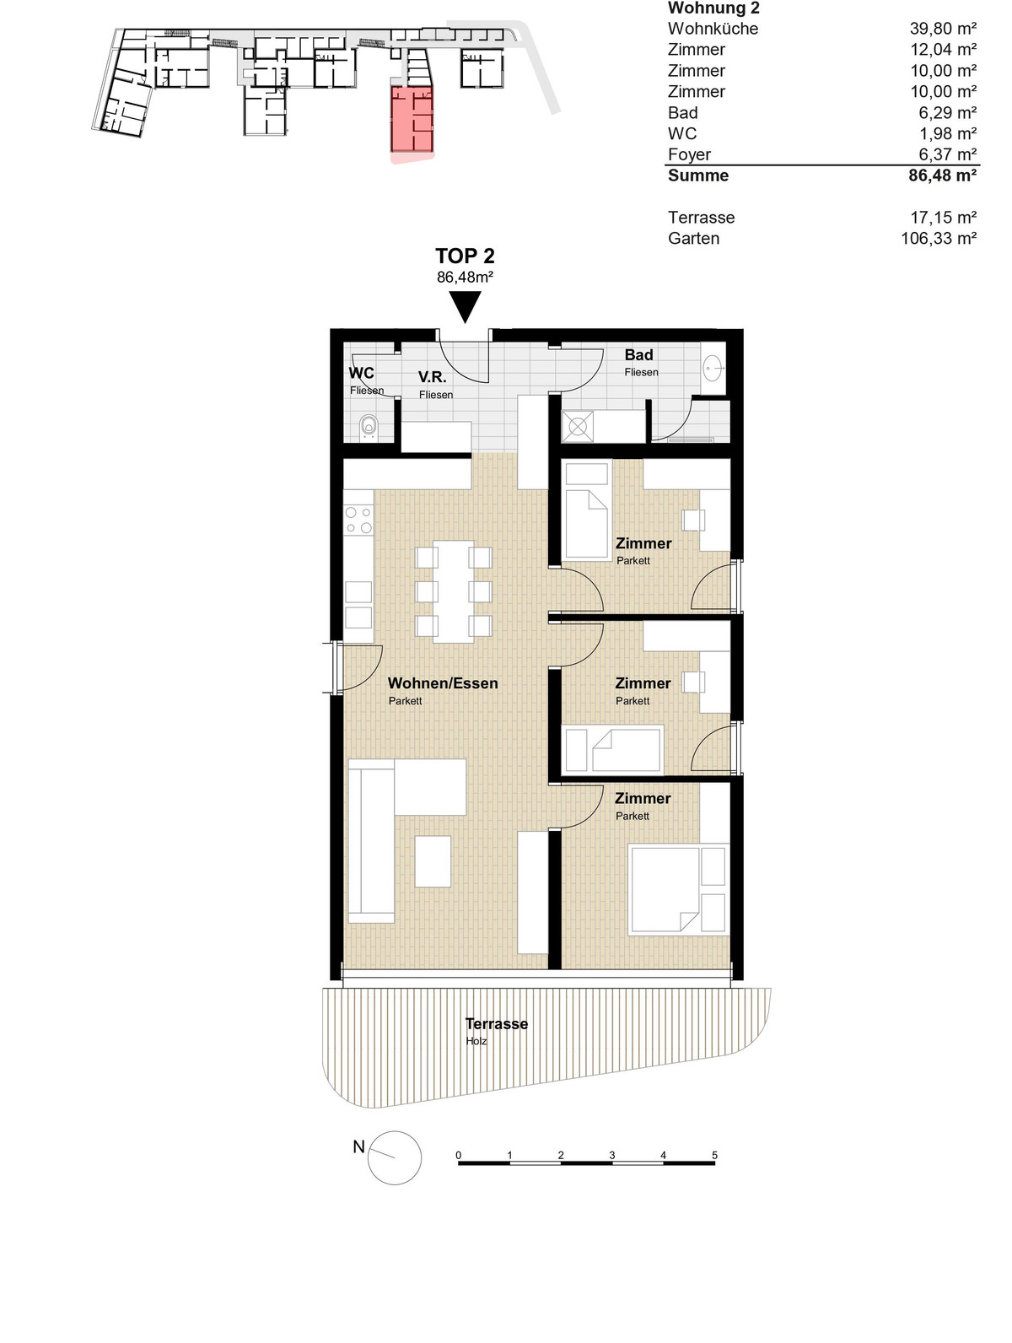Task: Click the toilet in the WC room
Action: [368, 426]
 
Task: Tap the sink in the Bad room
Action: [712, 369]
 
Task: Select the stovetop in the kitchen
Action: [358, 520]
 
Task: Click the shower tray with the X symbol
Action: [578, 426]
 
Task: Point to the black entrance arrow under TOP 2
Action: [465, 306]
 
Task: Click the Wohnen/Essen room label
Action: [443, 682]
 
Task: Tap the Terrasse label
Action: [496, 1023]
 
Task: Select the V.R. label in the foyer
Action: [433, 377]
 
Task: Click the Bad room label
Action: [639, 355]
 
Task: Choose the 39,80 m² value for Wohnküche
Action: [943, 28]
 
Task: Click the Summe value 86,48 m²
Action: [942, 175]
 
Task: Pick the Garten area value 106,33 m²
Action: [939, 239]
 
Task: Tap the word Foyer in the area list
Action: [689, 154]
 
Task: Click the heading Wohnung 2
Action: [713, 8]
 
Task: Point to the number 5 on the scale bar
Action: [714, 1155]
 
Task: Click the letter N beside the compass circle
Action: [359, 1146]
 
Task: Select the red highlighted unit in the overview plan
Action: [412, 119]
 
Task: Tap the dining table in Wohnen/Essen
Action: [453, 591]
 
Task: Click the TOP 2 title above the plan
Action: [465, 256]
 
